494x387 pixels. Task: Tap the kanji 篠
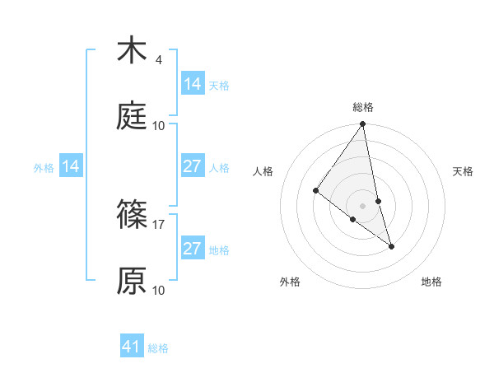[132, 215]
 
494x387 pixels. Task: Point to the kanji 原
[132, 281]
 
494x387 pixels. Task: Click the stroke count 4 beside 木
[158, 60]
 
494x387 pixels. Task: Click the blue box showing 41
[132, 347]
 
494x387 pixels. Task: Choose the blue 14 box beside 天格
[192, 84]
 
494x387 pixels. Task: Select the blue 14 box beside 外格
[71, 166]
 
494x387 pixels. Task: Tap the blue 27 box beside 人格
[192, 166]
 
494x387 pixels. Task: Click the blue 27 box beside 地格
[192, 249]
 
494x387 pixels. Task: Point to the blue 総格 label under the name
[158, 348]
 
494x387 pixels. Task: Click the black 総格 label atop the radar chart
[362, 107]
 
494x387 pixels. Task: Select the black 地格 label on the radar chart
[431, 282]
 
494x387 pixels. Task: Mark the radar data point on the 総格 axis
[362, 124]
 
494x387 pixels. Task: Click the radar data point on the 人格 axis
[315, 191]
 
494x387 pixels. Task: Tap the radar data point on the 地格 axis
[391, 246]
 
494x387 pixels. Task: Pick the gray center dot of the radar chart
[362, 205]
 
